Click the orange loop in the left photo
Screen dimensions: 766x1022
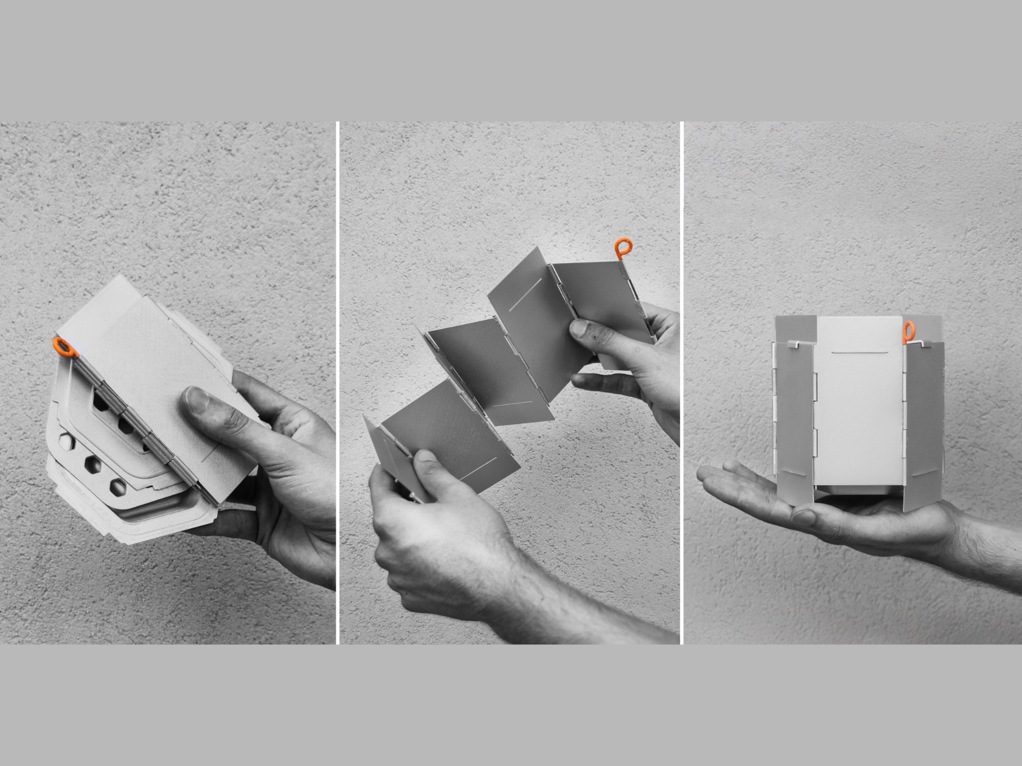pyautogui.click(x=64, y=348)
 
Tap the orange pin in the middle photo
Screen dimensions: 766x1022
pyautogui.click(x=622, y=248)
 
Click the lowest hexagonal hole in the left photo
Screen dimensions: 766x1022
pyautogui.click(x=118, y=486)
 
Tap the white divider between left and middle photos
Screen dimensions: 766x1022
pyautogui.click(x=338, y=383)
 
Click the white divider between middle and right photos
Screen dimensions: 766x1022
pyautogui.click(x=681, y=383)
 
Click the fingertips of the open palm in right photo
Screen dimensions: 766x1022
pyautogui.click(x=712, y=474)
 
